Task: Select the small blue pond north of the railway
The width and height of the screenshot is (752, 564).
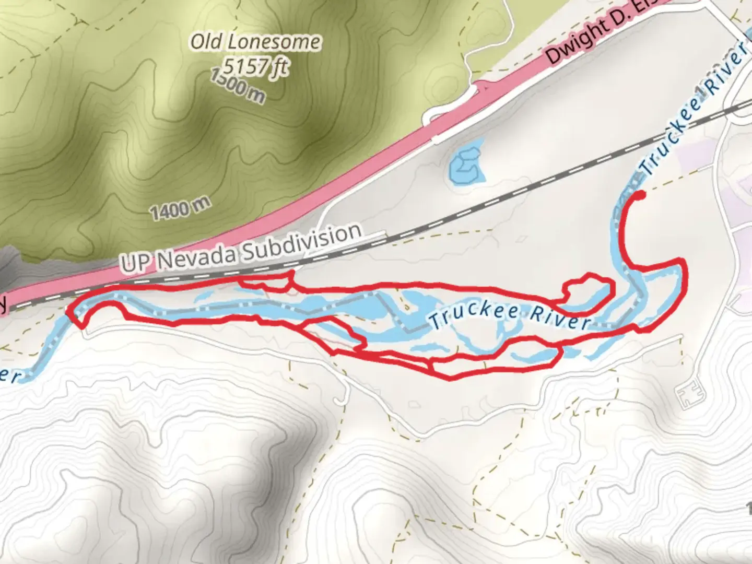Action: tap(466, 164)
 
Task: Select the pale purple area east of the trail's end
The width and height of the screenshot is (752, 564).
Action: tap(697, 154)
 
